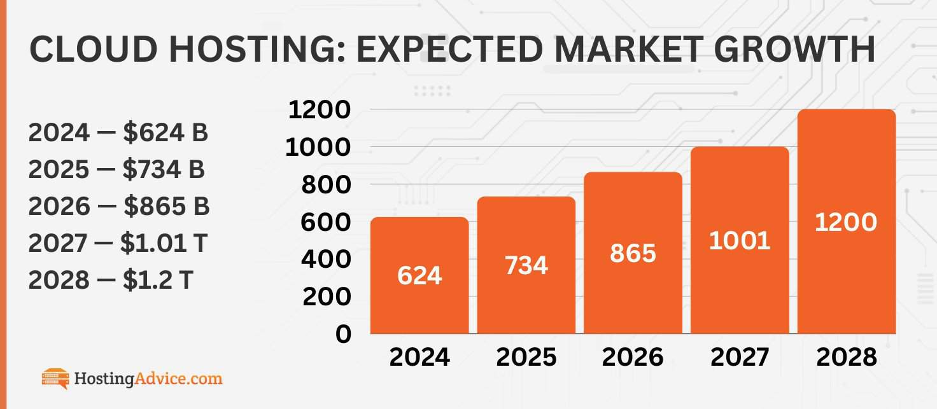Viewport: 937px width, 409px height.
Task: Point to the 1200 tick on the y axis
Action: (319, 111)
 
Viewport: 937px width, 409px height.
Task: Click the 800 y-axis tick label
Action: (325, 185)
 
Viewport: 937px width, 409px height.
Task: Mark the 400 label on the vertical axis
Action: (326, 260)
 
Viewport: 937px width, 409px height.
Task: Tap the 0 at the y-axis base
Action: (343, 334)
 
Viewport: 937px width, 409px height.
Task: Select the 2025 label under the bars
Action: (526, 357)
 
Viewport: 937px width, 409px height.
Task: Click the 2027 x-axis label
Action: (740, 357)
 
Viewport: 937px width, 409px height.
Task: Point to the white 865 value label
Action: (633, 253)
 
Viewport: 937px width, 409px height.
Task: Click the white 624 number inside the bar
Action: (419, 275)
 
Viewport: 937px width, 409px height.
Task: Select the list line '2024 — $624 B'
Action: (118, 134)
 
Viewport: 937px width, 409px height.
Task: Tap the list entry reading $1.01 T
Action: (118, 243)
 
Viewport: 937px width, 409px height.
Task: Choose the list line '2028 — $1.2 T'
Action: (109, 280)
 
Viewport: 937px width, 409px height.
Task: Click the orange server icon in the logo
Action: (55, 379)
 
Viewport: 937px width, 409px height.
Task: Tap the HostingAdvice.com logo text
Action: (148, 379)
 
